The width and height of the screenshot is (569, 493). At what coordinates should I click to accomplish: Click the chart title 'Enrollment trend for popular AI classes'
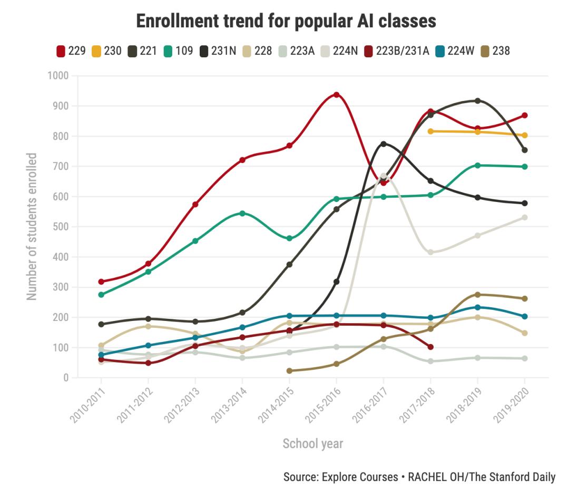[286, 21]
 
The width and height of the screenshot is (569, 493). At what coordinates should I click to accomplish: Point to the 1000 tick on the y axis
[58, 76]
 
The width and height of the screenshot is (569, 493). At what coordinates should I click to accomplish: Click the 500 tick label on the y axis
[61, 227]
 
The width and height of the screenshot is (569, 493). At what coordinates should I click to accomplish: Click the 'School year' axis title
[313, 444]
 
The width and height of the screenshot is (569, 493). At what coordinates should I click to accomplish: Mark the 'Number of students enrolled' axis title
[32, 227]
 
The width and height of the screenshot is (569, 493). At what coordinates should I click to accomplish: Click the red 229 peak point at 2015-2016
[336, 95]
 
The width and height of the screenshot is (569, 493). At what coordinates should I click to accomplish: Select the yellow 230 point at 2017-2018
[430, 131]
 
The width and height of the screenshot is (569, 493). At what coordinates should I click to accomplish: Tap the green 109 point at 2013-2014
[242, 213]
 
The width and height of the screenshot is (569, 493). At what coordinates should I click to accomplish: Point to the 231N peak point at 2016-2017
[384, 144]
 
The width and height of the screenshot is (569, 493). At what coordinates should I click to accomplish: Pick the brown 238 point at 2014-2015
[289, 371]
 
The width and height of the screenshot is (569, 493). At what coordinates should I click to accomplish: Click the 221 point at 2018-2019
[477, 100]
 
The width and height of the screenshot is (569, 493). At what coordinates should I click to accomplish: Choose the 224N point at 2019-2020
[525, 217]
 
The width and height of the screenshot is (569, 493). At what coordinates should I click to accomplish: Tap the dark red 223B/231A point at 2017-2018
[430, 347]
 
